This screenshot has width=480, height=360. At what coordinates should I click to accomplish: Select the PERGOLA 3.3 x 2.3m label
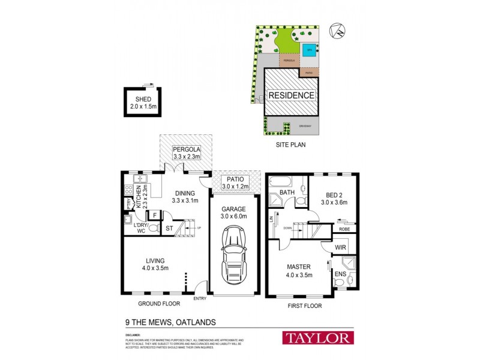185,153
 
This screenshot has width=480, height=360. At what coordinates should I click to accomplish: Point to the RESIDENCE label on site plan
291,95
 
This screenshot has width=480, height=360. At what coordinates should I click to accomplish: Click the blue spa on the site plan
310,50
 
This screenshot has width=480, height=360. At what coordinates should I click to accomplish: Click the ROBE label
344,229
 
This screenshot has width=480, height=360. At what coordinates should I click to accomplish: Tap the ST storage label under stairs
170,228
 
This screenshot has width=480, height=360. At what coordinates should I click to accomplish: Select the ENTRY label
200,298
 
